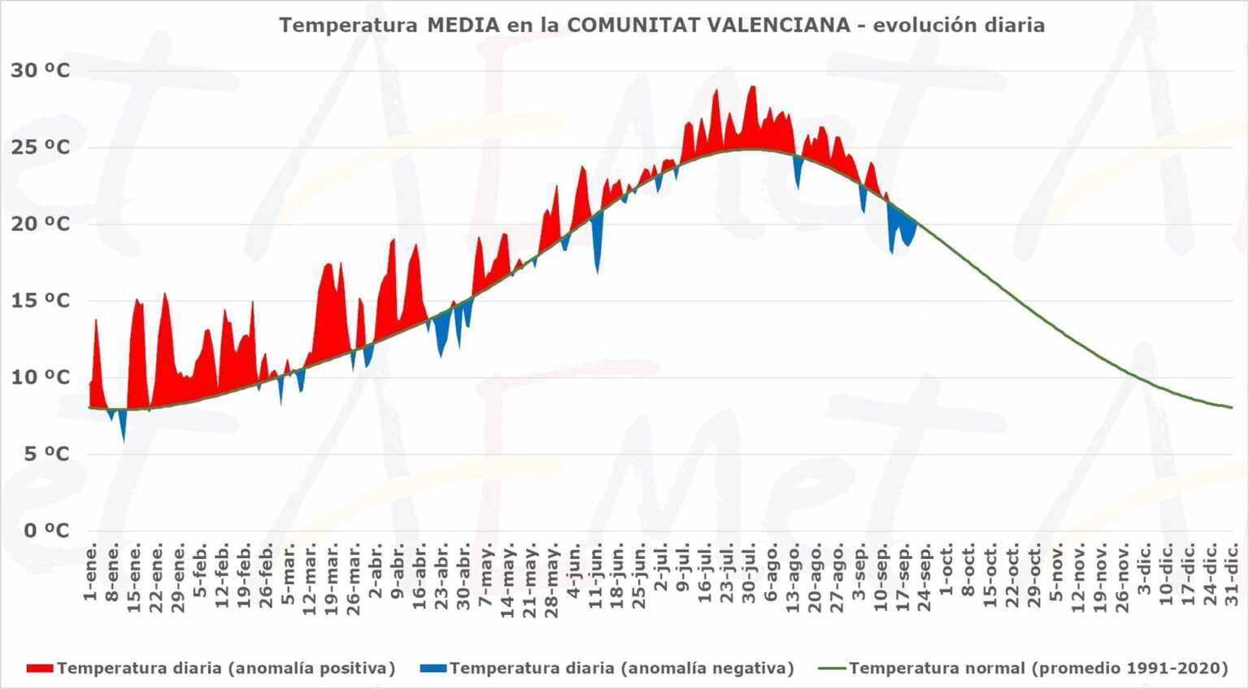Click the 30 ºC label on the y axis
coord(40,71)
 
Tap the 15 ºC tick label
coord(40,301)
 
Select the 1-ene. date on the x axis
coord(90,573)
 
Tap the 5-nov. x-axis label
coord(1056,573)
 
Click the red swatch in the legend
coord(40,669)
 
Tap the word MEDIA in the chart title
coord(463,25)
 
